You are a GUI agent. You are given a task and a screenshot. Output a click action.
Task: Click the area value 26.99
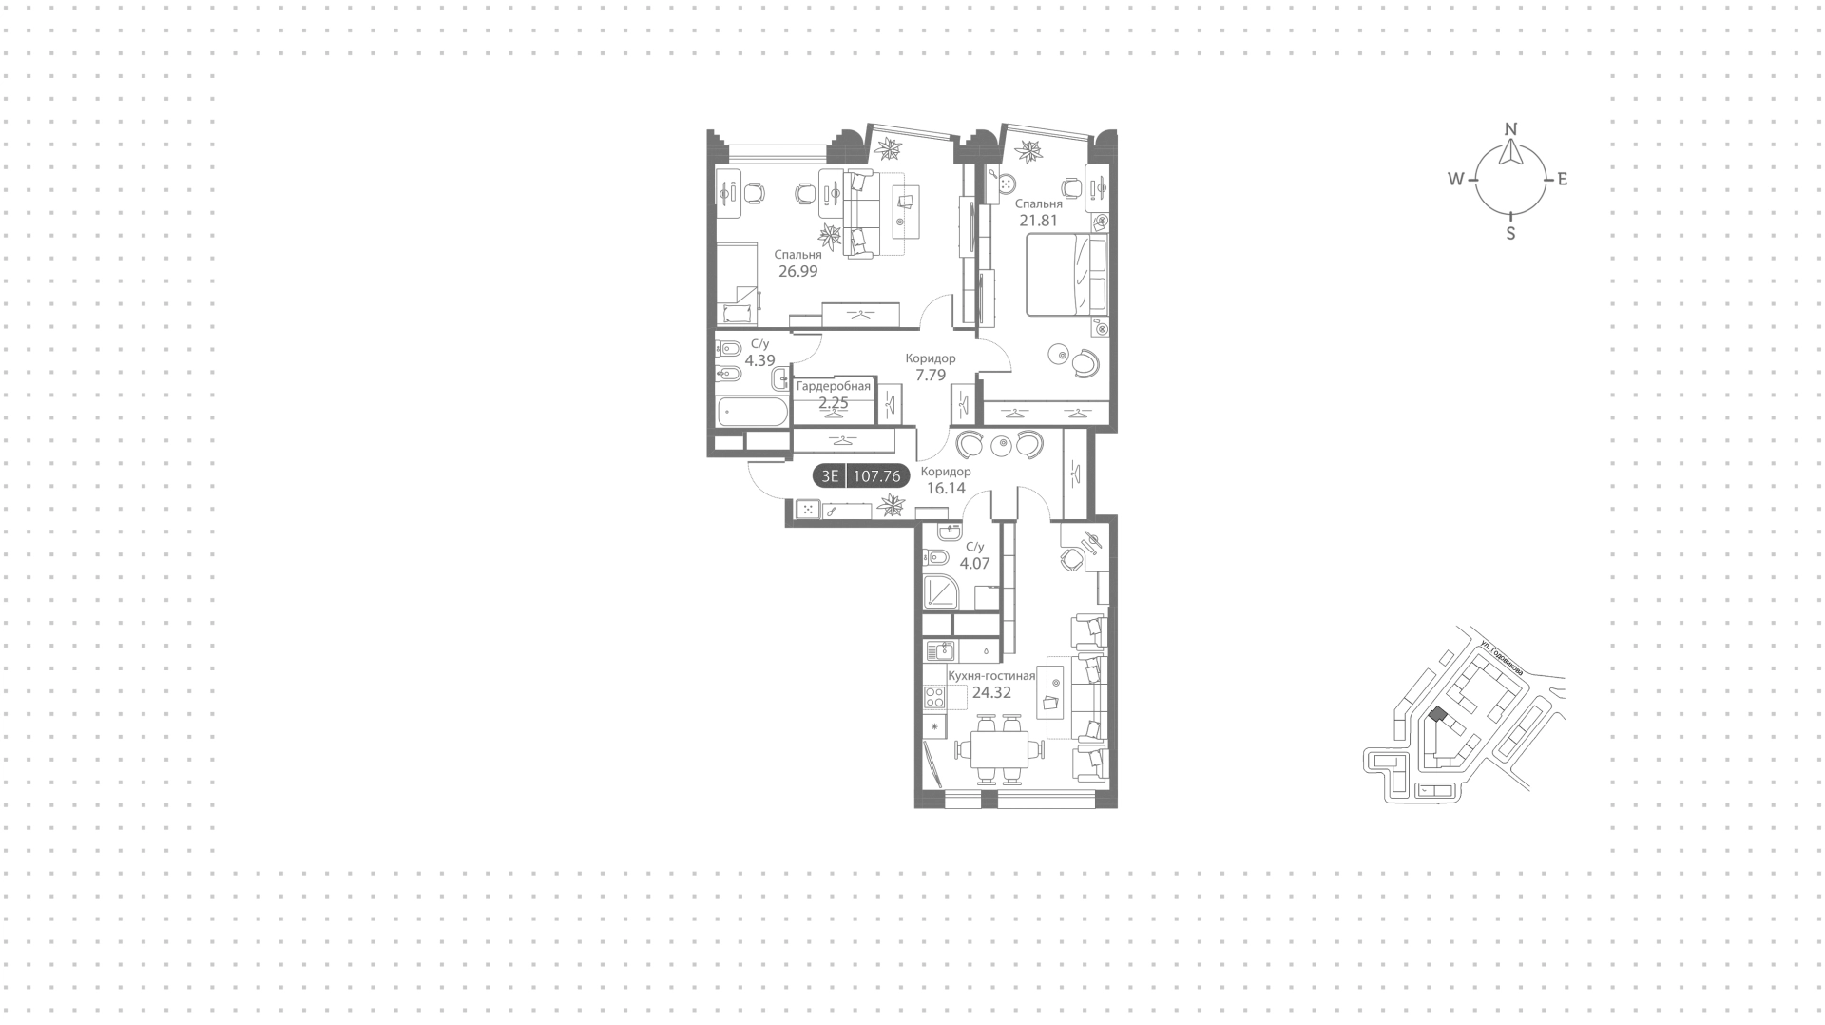coord(798,271)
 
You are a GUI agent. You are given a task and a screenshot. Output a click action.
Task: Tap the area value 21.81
coord(1039,221)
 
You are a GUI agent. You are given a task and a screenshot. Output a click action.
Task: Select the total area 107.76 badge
coord(876,476)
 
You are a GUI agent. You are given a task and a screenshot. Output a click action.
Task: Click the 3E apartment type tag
coord(830,476)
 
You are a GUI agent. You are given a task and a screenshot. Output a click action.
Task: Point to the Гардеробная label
coord(834,386)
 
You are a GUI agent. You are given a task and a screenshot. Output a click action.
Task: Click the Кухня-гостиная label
coord(991,676)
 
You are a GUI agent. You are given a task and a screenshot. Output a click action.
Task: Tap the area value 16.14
coord(946,489)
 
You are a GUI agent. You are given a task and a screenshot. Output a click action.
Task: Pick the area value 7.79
coord(931,376)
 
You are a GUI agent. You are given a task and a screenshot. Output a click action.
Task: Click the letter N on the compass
coord(1511,129)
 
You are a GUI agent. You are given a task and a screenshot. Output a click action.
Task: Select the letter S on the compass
coord(1511,233)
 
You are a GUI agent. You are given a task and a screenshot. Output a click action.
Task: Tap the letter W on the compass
coord(1456,179)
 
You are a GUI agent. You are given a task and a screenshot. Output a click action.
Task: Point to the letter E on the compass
coord(1562,179)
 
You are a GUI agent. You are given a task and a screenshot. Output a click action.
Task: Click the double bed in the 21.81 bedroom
coord(1066,275)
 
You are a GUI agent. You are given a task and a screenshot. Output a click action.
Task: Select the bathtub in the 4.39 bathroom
coord(753,412)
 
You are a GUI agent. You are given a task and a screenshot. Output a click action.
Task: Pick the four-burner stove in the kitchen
coord(933,697)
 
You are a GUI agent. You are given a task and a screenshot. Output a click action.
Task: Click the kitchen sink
coord(939,651)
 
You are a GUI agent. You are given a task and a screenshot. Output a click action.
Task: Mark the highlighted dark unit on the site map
coord(1437,714)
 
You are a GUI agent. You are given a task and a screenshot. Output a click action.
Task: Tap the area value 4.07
coord(975,564)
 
